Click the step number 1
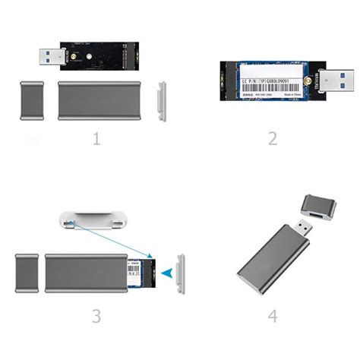coord(96,139)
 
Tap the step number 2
coord(272,139)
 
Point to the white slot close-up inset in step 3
coord(91,223)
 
